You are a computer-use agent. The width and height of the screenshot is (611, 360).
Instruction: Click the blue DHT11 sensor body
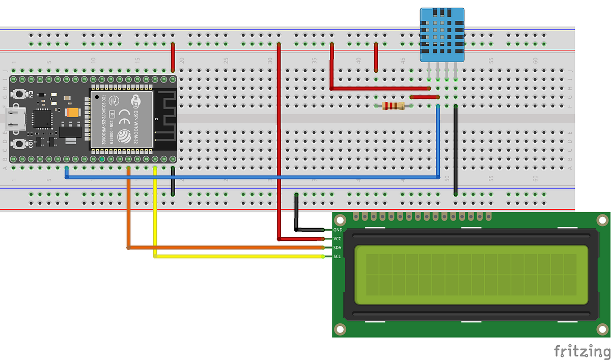[x=442, y=35]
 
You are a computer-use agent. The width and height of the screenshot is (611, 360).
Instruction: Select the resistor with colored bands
[x=393, y=106]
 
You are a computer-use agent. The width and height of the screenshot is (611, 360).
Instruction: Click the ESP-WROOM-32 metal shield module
[x=121, y=118]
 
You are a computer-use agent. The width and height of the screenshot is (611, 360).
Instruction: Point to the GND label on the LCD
[x=337, y=230]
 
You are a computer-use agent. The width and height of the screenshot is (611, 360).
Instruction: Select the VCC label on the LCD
[x=337, y=239]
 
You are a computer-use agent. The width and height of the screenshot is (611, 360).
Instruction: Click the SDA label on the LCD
[x=337, y=247]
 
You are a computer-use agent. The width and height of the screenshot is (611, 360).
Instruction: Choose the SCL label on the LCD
[x=337, y=256]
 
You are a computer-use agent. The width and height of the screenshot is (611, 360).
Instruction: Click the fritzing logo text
[x=581, y=351]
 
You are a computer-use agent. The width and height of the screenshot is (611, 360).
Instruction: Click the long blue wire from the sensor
[x=255, y=177]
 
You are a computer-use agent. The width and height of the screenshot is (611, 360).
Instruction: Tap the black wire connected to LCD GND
[x=297, y=214]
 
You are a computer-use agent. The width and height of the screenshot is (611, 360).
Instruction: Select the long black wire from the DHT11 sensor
[x=456, y=153]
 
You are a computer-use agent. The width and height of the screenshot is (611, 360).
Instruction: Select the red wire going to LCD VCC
[x=279, y=153]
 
